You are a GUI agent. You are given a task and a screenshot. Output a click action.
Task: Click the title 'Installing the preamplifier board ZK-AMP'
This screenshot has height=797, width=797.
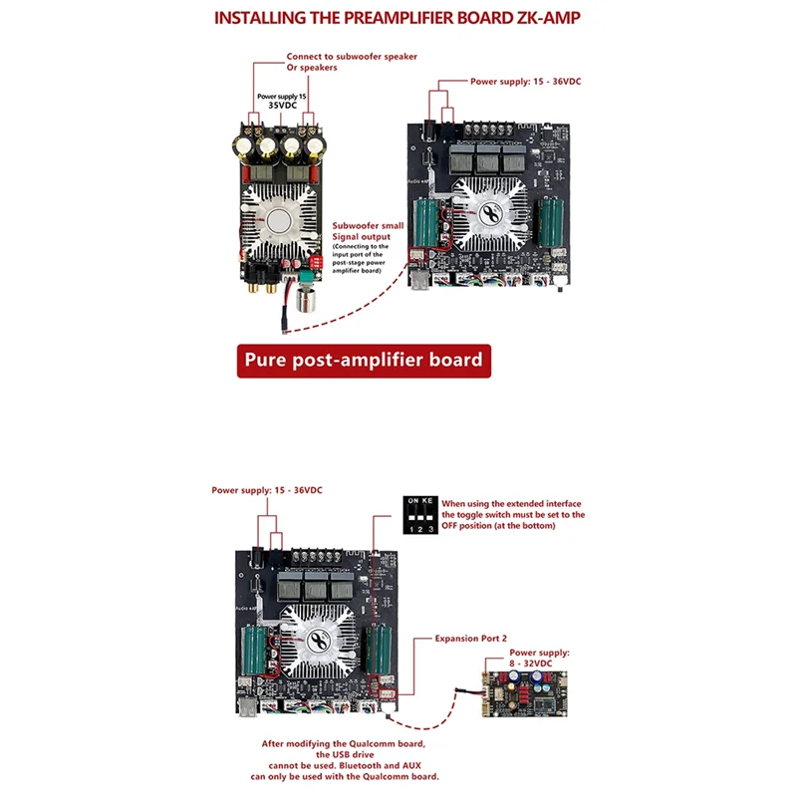pos(398,18)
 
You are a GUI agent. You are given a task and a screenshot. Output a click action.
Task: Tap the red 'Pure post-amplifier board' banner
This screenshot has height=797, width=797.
pos(364,360)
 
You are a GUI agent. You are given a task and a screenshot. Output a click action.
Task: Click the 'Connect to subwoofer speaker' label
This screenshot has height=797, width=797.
pos(344,57)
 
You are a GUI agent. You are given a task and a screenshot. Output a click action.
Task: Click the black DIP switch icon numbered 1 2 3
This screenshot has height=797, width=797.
pos(419,513)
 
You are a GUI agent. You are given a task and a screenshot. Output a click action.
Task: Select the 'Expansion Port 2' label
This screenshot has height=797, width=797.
pos(471,637)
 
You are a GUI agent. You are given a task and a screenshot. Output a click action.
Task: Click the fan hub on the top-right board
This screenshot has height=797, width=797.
pos(488,213)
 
